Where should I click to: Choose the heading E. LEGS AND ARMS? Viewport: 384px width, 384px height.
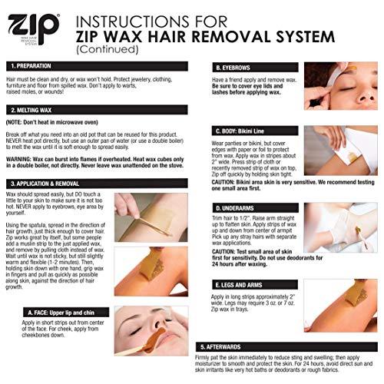[x=244, y=284]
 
